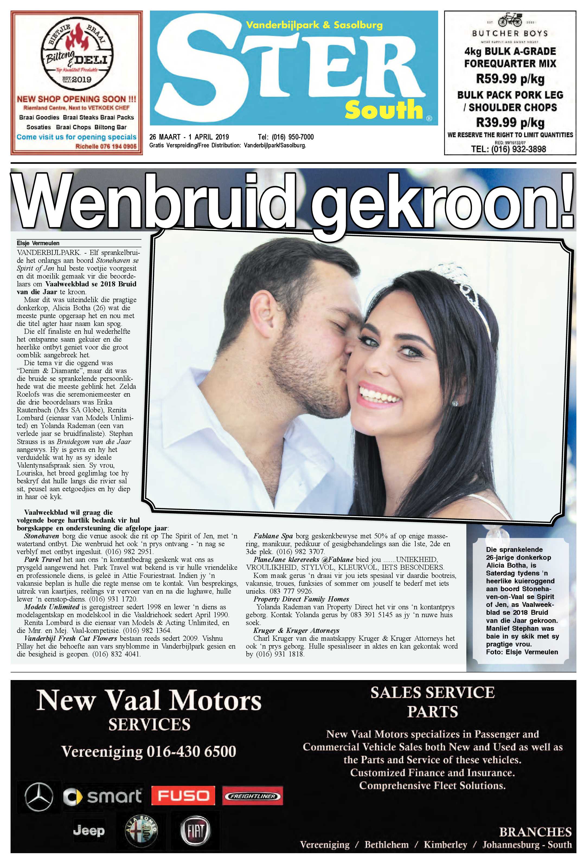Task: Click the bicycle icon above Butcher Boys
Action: click(510, 19)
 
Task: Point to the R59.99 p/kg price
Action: click(510, 79)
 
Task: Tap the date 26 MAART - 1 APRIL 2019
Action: click(189, 137)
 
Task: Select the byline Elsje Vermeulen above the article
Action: click(38, 243)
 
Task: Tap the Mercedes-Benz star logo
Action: click(39, 797)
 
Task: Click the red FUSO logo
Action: click(183, 796)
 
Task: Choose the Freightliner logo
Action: click(252, 796)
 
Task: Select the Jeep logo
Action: click(89, 831)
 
